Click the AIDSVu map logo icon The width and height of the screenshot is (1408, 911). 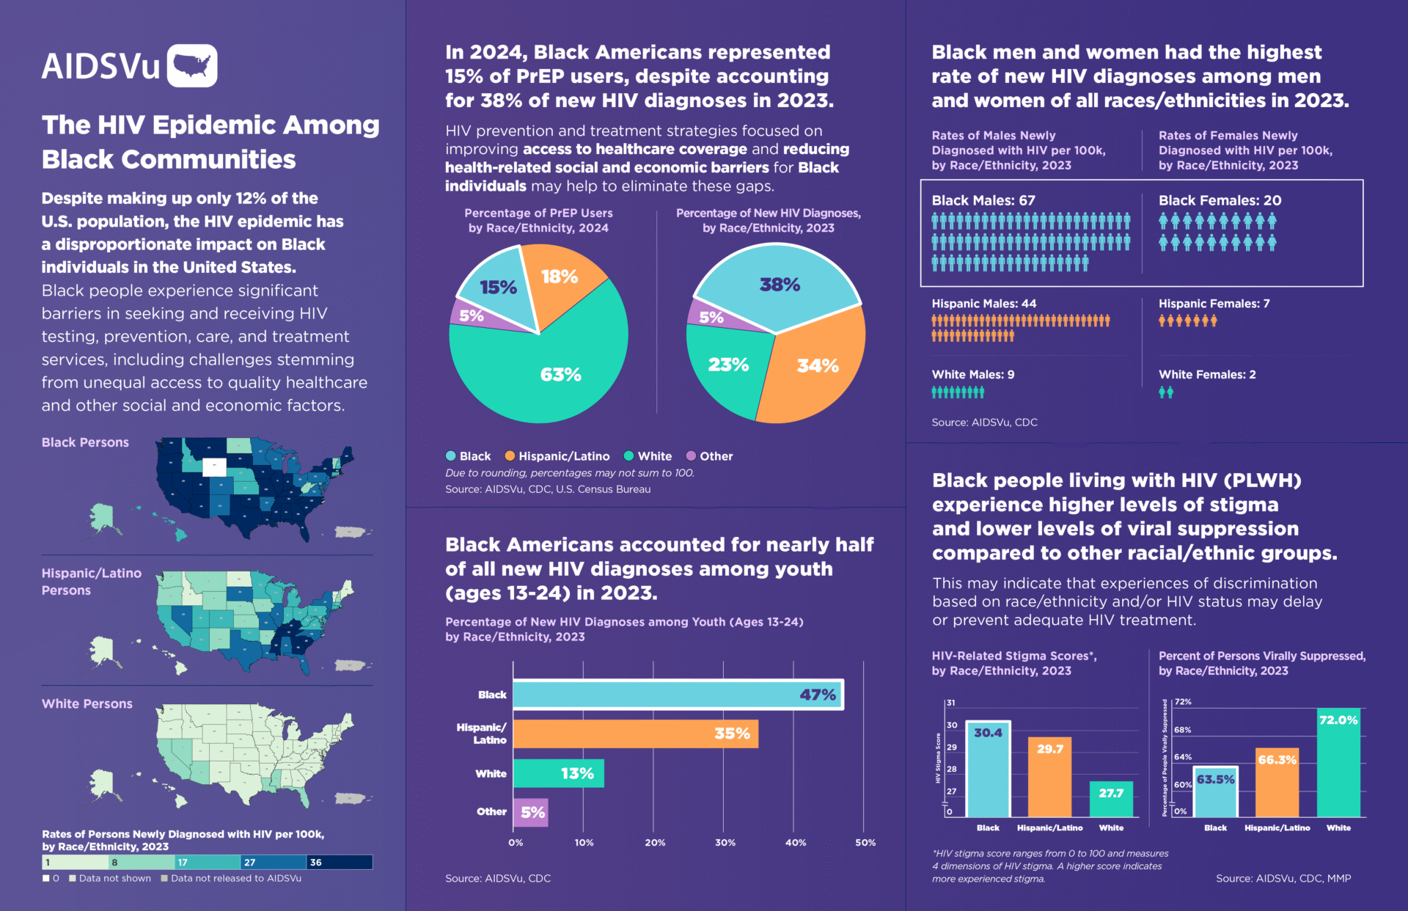click(x=192, y=66)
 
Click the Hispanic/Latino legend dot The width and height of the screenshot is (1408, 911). click(x=510, y=456)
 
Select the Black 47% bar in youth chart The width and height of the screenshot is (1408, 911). click(x=678, y=695)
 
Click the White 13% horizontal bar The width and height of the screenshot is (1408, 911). click(x=558, y=773)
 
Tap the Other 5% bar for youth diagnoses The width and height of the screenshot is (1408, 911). click(x=530, y=812)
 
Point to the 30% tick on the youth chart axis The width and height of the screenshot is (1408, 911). click(x=725, y=843)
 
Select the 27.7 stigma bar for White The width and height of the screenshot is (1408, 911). click(x=1111, y=799)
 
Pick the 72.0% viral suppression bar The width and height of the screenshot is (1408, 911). click(x=1338, y=763)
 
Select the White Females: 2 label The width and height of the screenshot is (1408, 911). click(x=1206, y=374)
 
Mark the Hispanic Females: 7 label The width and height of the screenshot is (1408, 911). click(x=1214, y=303)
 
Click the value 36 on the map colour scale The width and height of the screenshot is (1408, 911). click(x=316, y=863)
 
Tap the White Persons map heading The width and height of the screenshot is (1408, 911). click(x=87, y=703)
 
